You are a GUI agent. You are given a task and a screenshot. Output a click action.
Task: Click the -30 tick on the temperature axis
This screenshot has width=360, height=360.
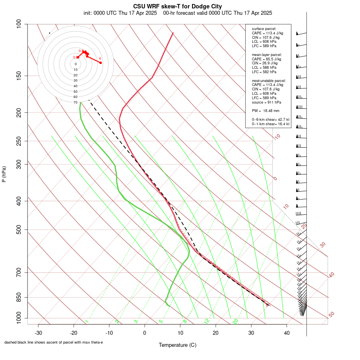click(x=38, y=332)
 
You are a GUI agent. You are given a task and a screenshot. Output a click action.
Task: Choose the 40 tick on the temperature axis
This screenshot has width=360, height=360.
click(x=287, y=332)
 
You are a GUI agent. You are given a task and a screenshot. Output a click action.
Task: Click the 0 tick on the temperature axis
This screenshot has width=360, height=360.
click(x=145, y=332)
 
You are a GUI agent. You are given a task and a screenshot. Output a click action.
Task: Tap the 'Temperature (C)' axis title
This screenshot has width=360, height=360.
click(x=178, y=345)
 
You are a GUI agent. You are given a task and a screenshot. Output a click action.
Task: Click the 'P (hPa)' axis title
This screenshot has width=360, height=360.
click(x=4, y=174)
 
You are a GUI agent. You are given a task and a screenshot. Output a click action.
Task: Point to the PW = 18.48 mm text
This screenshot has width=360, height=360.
click(x=266, y=110)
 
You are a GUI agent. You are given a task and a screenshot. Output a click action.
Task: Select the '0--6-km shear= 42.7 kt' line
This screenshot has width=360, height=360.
click(x=270, y=120)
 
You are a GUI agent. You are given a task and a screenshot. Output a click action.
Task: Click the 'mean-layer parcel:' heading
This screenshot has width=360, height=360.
click(x=267, y=54)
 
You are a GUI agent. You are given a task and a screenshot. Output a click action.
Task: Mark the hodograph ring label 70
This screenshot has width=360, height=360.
click(x=75, y=102)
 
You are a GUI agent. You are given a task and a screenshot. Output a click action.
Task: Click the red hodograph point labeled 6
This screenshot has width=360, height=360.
click(x=101, y=62)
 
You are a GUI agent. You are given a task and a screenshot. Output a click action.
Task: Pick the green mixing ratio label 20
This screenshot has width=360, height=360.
click(x=235, y=321)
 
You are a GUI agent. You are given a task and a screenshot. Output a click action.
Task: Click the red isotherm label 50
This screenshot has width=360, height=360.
click(x=331, y=314)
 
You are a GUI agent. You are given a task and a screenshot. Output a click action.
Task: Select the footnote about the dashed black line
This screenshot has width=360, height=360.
click(x=54, y=342)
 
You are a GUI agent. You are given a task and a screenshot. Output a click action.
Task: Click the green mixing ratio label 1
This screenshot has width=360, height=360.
click(x=86, y=322)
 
